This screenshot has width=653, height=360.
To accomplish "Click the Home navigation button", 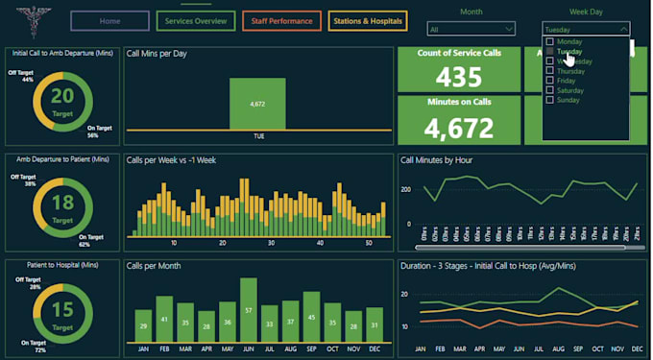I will [110, 20].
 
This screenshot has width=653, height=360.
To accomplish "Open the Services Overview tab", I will [196, 20].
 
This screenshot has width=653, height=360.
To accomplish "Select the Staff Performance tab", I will [281, 20].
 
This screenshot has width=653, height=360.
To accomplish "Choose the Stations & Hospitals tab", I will [368, 20].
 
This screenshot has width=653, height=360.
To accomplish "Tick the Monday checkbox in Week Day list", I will [549, 42].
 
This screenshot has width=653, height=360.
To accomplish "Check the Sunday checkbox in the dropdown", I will [549, 100].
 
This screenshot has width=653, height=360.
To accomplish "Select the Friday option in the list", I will [549, 81].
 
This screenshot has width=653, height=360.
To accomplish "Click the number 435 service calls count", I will [458, 77].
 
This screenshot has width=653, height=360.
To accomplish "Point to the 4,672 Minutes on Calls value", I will [458, 126].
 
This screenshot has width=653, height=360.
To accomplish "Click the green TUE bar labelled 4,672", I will [258, 103].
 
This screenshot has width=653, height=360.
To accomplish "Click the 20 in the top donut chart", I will [62, 95].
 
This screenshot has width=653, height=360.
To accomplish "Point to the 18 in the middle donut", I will [62, 201].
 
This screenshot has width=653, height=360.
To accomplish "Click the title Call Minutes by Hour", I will [436, 160].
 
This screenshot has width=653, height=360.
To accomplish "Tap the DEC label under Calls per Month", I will [375, 348].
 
